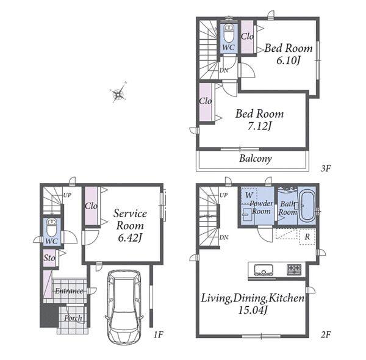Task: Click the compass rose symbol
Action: [119, 93]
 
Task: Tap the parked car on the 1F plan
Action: [124, 306]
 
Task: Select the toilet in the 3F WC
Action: [229, 33]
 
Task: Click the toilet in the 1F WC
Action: [52, 227]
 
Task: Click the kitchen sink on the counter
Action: [264, 270]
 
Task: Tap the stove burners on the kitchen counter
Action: [295, 270]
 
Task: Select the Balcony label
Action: [256, 159]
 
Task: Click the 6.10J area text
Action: [288, 60]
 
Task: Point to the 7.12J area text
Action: [259, 126]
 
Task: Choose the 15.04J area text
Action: [253, 310]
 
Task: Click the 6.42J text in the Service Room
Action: [130, 238]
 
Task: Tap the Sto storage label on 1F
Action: [49, 258]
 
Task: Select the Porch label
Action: [73, 318]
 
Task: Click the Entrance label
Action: [69, 291]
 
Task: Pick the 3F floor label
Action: [326, 168]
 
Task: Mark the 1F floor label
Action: [158, 335]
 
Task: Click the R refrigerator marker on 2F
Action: [307, 237]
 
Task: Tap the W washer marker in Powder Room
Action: [249, 195]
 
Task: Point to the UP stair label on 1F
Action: [67, 195]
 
